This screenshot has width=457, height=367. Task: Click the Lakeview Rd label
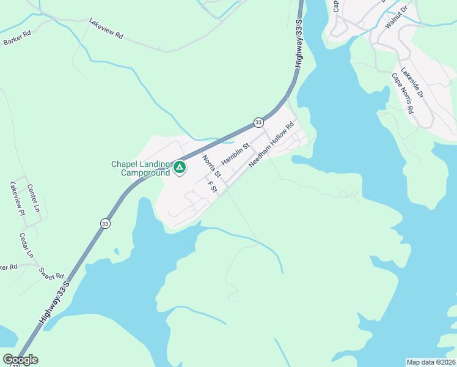[x=106, y=29]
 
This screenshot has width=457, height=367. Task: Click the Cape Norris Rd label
[x=403, y=94]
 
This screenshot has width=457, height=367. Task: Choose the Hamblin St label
[x=236, y=154]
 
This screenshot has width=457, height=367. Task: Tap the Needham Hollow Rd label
[x=271, y=144]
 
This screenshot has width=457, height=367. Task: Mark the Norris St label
[x=211, y=166]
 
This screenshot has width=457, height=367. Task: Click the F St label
[x=213, y=187]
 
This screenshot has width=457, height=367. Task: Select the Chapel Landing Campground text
[x=140, y=168]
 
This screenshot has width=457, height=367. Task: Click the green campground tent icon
[x=179, y=167]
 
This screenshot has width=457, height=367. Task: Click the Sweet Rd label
[x=51, y=273]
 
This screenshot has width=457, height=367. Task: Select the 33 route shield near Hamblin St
[x=258, y=122]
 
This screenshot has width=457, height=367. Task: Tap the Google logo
[x=20, y=360]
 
